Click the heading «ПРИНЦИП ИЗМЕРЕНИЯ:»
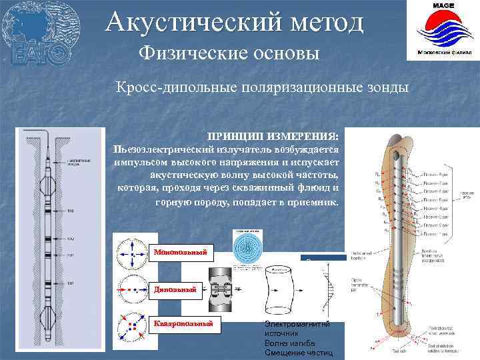pyautogui.click(x=273, y=135)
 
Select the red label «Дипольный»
pyautogui.click(x=175, y=289)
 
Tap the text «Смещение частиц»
pyautogui.click(x=297, y=352)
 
